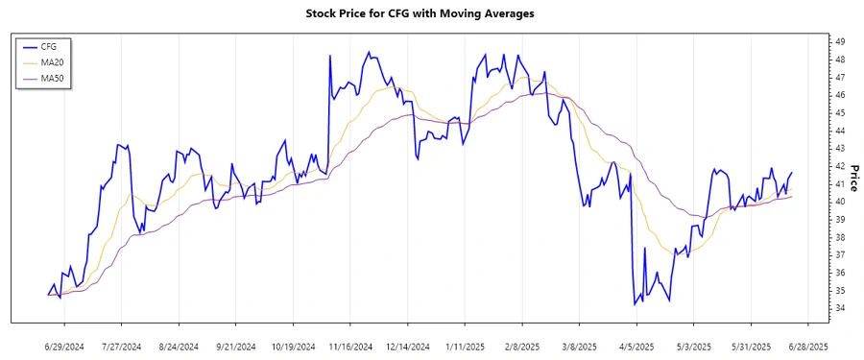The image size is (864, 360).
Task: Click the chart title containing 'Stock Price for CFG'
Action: click(x=432, y=13)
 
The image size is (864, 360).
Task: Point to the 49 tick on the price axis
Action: click(x=839, y=41)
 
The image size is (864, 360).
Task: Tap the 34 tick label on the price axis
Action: click(x=839, y=308)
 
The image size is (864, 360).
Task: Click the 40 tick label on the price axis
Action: click(x=839, y=202)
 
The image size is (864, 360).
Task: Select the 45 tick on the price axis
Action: click(x=839, y=112)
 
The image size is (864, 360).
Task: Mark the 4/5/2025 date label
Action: click(x=636, y=346)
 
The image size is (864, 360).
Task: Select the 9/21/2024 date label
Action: click(x=236, y=346)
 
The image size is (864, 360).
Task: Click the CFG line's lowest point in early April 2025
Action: click(x=635, y=304)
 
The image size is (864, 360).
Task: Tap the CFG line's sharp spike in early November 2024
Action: click(x=330, y=56)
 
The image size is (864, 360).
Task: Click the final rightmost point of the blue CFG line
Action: click(x=792, y=173)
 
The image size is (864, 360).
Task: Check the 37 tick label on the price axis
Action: click(x=839, y=254)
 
